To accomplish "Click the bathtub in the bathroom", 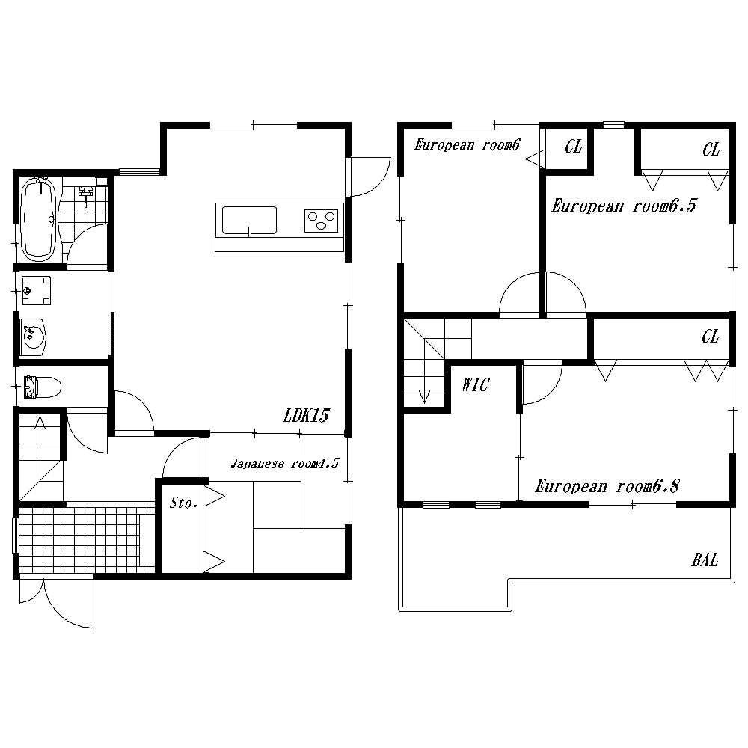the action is (40, 219).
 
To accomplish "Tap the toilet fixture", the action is (43, 387).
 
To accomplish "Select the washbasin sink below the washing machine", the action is (34, 337).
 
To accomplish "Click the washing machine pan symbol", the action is (36, 290).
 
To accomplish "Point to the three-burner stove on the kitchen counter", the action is (321, 221).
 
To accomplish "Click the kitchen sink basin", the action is (249, 221).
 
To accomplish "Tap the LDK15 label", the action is (306, 415).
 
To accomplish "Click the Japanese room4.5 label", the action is (285, 463).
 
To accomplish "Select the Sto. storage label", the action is (184, 503).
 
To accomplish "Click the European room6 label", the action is (467, 144).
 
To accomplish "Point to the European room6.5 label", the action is (624, 206).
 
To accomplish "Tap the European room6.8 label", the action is (607, 486).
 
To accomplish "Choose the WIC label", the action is (476, 384).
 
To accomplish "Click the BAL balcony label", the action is (705, 560).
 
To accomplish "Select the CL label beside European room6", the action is (574, 147).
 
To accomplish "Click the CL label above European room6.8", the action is (711, 337).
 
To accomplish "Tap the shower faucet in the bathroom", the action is (86, 194).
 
